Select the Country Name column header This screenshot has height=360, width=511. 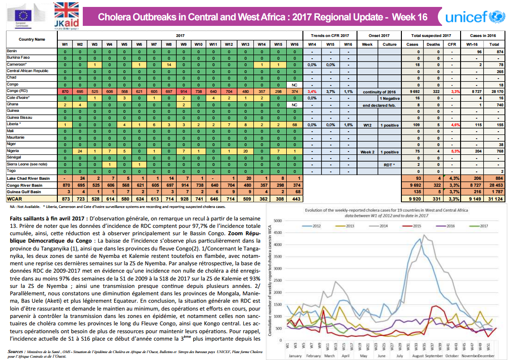(32, 39)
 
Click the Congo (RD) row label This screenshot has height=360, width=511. (17, 92)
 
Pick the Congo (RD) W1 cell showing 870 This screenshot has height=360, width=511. (65, 92)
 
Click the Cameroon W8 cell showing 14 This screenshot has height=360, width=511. (169, 65)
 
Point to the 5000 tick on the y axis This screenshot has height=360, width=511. (277, 221)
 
